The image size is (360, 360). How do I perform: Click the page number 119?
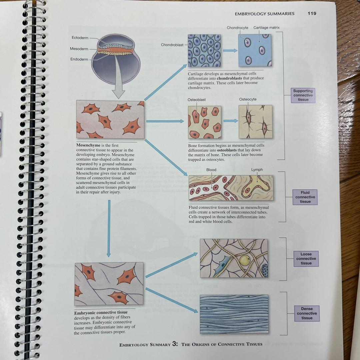point(312,14)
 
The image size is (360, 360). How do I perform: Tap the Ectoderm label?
point(80,38)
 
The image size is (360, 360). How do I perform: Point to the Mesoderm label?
point(79,49)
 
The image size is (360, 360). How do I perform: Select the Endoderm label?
point(79,59)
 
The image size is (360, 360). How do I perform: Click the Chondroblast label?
point(172,45)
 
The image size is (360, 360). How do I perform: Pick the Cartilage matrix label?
point(266,28)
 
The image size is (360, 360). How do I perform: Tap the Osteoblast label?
point(197,100)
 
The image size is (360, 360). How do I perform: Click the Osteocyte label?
point(248,99)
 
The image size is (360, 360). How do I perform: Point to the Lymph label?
point(257,169)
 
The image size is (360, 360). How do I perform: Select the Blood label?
point(211,170)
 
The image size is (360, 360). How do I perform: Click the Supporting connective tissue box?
point(303,95)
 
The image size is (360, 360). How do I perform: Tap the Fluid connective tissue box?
point(305,197)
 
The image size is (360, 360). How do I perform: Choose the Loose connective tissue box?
point(306,259)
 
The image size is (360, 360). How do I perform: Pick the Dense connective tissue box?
point(307,313)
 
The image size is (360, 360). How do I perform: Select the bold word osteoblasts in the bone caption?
point(227,150)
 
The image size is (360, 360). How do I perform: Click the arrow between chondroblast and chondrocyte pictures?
point(230,51)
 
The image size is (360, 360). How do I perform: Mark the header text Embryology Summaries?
point(264,14)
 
